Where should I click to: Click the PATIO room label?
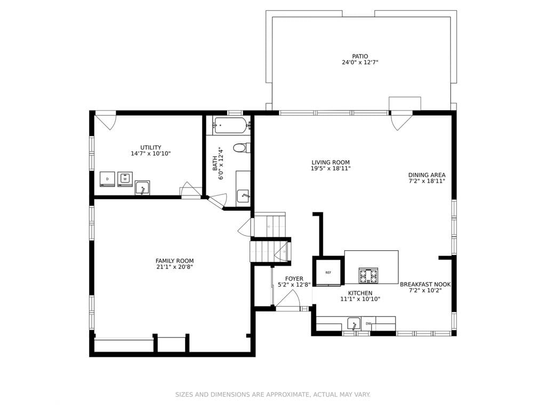click(x=360, y=56)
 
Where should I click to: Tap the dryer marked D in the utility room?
click(x=107, y=179)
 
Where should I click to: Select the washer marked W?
click(x=125, y=179)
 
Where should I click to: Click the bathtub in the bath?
click(x=230, y=126)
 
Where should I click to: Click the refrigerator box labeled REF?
click(x=328, y=272)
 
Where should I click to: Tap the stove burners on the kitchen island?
click(x=368, y=275)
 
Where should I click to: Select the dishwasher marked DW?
click(x=368, y=324)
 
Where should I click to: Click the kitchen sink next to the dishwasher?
click(x=354, y=324)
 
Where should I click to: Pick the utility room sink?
click(x=142, y=188)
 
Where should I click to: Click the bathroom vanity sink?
click(x=243, y=196)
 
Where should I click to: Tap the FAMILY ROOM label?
click(x=174, y=261)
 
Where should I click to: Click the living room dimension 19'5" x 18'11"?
click(x=331, y=168)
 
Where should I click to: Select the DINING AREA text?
click(x=427, y=175)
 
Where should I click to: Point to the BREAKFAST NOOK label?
click(x=425, y=284)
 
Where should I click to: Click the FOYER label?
click(x=294, y=279)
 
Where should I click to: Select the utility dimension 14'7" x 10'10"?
click(x=151, y=153)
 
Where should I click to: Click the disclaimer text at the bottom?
click(x=272, y=395)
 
